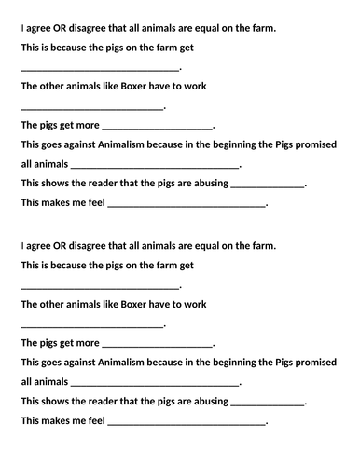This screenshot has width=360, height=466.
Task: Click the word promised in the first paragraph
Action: point(312,144)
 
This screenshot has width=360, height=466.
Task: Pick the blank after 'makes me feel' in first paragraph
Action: point(187,204)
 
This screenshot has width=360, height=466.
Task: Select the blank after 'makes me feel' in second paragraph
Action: point(187,422)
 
